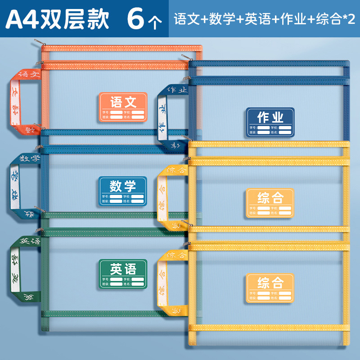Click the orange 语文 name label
point(122,107)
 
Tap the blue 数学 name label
point(122,191)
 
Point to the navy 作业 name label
point(270,122)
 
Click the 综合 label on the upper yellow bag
point(270,203)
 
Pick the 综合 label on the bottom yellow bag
point(270,288)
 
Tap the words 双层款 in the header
point(76,19)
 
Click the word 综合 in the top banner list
point(328,19)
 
